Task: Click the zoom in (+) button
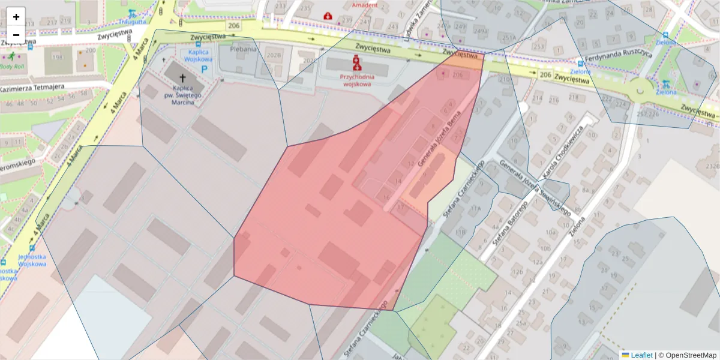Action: (16, 17)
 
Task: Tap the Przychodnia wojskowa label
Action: (357, 80)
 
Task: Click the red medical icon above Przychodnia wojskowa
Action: (356, 61)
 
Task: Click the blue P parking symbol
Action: (205, 70)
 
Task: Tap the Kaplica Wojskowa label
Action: (198, 56)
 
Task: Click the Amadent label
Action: (365, 5)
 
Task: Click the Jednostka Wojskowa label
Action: (32, 259)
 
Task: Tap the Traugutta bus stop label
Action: (132, 22)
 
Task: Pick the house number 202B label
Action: (274, 55)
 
